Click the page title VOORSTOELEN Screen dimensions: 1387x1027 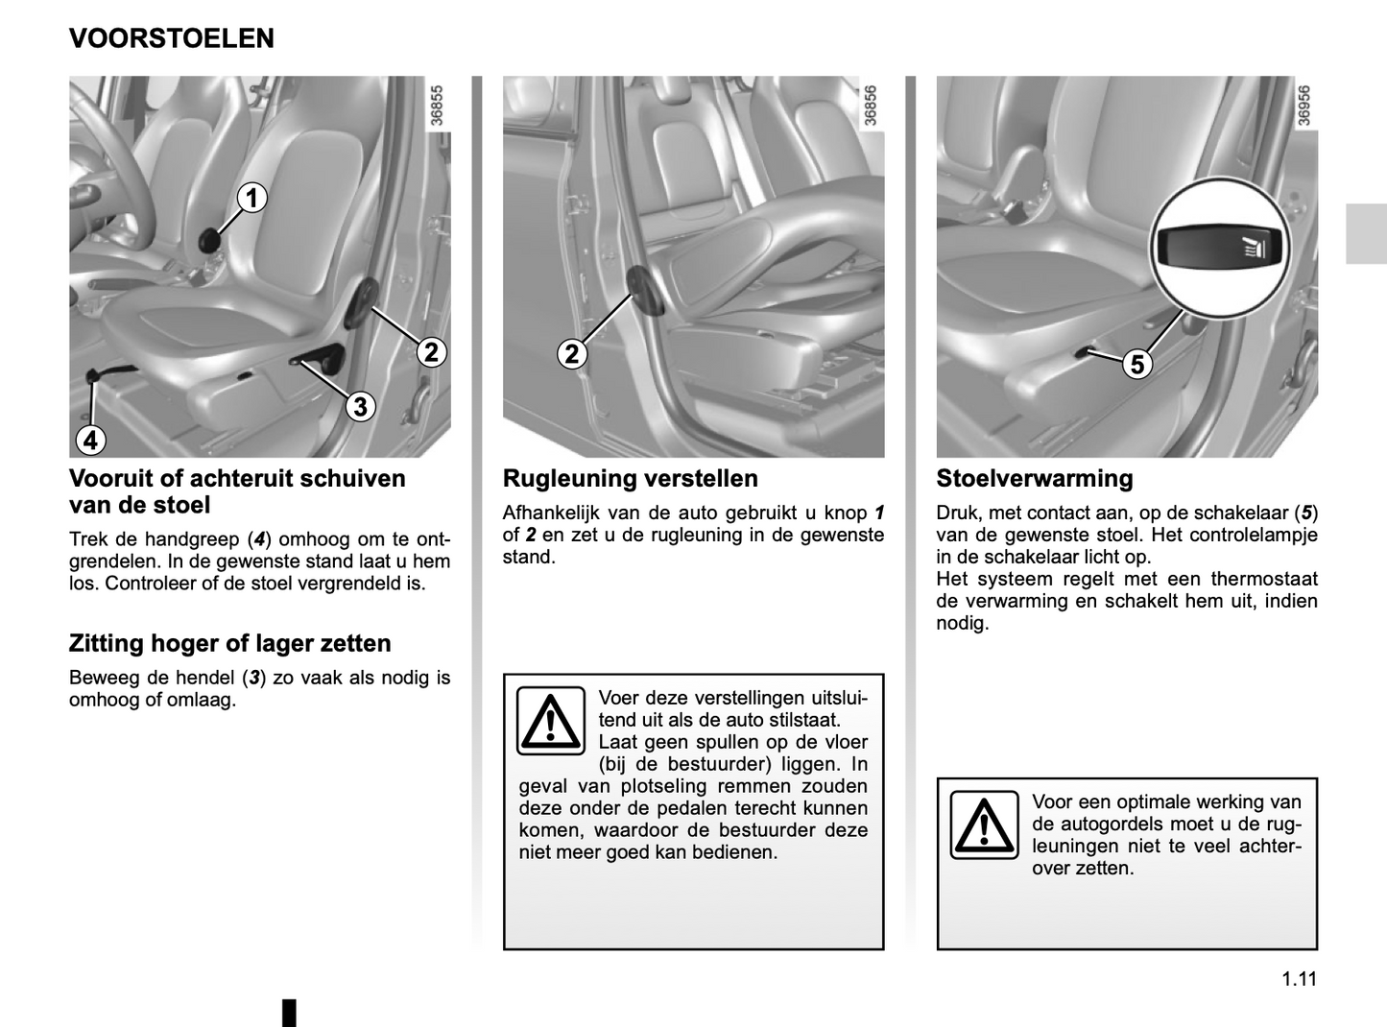click(x=172, y=38)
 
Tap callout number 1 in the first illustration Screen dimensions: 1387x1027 click(x=251, y=199)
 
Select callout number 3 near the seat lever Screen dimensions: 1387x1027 click(x=360, y=407)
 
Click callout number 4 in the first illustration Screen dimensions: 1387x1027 click(x=90, y=441)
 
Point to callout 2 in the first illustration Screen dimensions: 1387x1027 click(x=432, y=352)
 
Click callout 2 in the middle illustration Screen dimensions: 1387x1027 click(x=572, y=354)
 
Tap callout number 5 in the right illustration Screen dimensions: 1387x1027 click(x=1136, y=364)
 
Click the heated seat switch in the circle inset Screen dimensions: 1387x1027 click(x=1220, y=249)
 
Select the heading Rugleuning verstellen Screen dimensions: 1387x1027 click(x=631, y=479)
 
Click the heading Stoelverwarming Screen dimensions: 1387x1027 click(x=1035, y=479)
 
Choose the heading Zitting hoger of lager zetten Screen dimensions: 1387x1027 click(x=230, y=643)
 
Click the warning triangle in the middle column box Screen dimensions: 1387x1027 click(x=551, y=721)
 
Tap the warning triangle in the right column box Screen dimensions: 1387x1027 click(x=984, y=824)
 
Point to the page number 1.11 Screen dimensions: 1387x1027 click(x=1300, y=978)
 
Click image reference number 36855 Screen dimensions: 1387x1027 click(x=437, y=106)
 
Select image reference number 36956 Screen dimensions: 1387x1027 click(x=1303, y=106)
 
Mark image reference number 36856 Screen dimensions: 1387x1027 click(x=871, y=106)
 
